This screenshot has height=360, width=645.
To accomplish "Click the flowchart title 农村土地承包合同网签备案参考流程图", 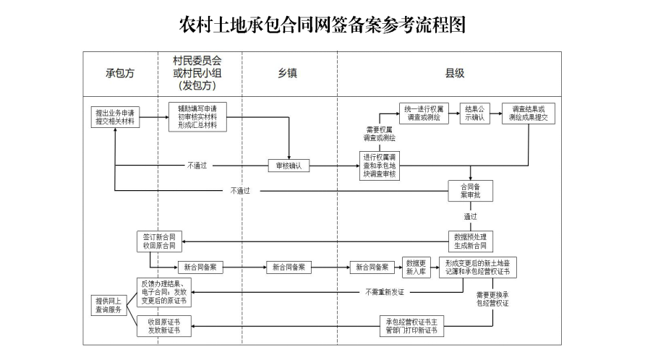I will [x=322, y=25].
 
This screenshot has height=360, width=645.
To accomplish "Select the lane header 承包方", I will [x=121, y=74].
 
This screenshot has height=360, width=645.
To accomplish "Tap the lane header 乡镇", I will [x=288, y=74].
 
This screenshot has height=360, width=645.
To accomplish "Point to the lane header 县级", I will [x=454, y=74].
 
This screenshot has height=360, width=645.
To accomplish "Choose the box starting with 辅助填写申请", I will [x=197, y=116].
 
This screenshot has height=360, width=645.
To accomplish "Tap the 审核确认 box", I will [x=289, y=166].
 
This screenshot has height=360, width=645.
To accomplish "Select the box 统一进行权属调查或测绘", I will [x=424, y=113].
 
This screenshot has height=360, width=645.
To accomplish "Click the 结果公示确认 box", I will [x=475, y=113].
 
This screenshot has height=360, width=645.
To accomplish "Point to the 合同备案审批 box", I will [x=471, y=191].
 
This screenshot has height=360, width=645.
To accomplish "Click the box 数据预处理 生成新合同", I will [x=471, y=241].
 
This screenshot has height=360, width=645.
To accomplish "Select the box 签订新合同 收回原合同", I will [x=160, y=241].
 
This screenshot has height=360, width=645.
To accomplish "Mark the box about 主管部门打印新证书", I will [x=411, y=326].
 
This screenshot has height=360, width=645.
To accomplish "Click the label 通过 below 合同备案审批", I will [x=471, y=216].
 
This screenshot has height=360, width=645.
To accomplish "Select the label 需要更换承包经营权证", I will [x=492, y=299].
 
